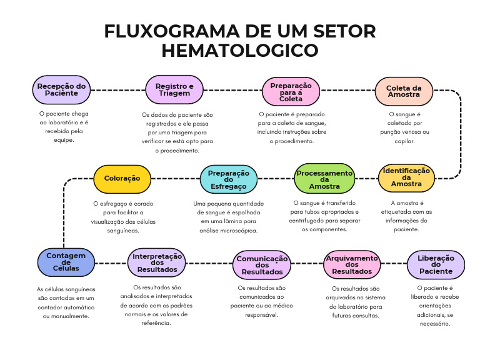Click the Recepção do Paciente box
click(x=61, y=90)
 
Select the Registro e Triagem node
click(x=174, y=90)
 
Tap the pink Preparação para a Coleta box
click(x=291, y=92)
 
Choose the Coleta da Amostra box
click(x=404, y=91)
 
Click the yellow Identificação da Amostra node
click(x=406, y=178)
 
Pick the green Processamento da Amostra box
click(x=324, y=178)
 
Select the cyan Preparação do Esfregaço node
click(x=228, y=178)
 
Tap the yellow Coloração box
click(x=122, y=178)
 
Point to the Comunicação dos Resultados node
click(x=262, y=265)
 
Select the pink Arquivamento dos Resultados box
click(x=352, y=264)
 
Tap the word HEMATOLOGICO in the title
click(x=240, y=50)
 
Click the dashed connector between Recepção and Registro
click(x=118, y=90)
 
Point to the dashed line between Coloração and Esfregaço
click(x=176, y=178)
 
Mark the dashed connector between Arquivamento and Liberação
click(x=393, y=264)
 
